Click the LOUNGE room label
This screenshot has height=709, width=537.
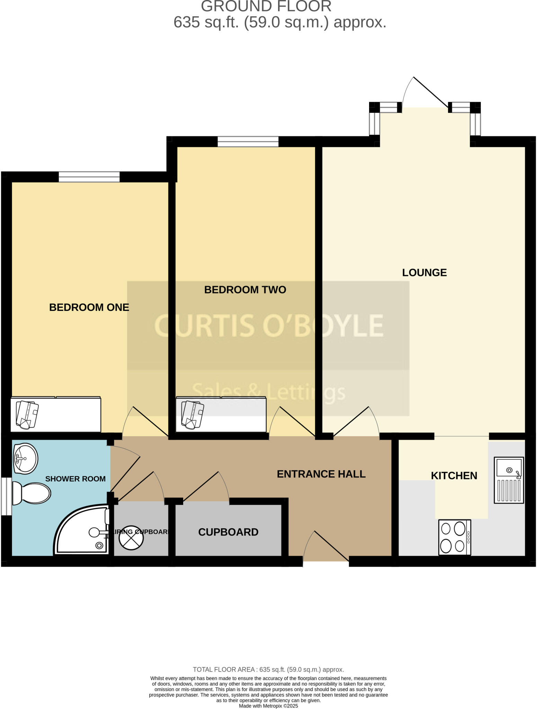pos(424,272)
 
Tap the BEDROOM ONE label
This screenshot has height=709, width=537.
pos(89,307)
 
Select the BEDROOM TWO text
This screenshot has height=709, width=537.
pos(245,289)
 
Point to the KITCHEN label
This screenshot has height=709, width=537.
pos(454,475)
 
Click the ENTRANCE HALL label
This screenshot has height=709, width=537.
pos(321,474)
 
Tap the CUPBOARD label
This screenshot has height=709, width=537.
pos(228,532)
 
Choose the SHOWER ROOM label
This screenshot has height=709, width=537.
pos(75,479)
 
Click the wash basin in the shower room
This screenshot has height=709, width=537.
pos(25,459)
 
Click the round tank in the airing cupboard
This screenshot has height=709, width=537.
pos(131,537)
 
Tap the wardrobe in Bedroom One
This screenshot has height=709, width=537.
pos(55,414)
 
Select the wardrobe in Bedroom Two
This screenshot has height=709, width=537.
pos(221,414)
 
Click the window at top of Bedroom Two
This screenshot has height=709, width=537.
pos(248,141)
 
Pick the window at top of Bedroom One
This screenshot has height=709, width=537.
pos(89,177)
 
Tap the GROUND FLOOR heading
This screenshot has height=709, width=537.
pos(266,6)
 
